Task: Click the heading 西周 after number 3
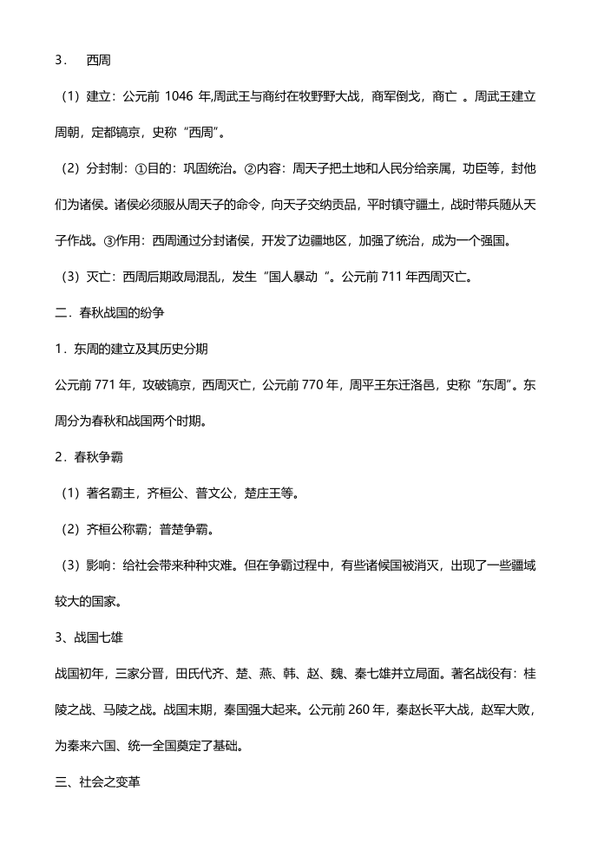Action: point(97,61)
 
